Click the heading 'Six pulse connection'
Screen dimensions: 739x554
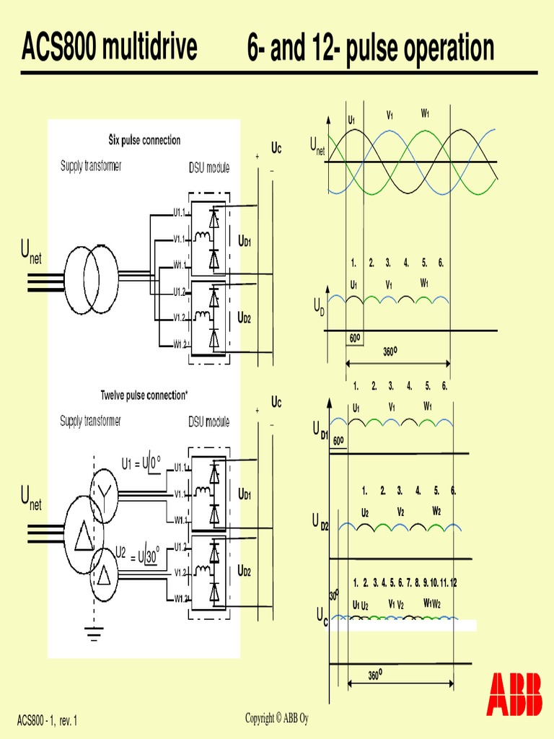coord(144,140)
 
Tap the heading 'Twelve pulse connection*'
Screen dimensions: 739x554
coord(144,395)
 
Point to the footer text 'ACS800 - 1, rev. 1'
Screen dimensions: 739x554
coord(47,720)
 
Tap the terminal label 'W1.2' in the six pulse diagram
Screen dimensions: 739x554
coord(180,344)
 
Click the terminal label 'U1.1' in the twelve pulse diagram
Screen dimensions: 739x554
coord(180,468)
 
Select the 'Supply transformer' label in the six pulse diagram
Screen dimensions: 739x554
coord(91,166)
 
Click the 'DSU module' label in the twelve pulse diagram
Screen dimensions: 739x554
coord(209,422)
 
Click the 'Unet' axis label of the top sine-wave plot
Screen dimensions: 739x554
coord(317,147)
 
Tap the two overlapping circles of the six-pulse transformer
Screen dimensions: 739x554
coord(91,279)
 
